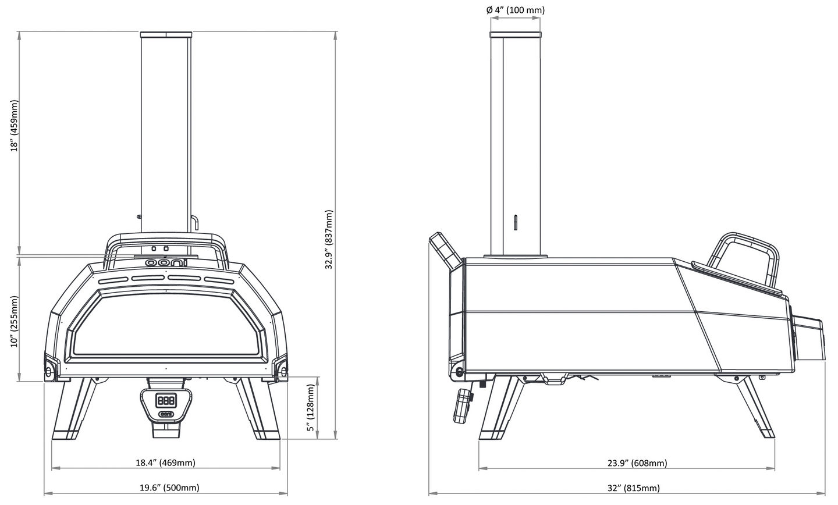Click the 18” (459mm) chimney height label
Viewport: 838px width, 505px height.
click(14, 126)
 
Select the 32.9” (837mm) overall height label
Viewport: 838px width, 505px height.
click(328, 239)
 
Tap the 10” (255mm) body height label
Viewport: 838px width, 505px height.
click(14, 322)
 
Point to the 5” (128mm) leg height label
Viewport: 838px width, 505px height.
click(311, 408)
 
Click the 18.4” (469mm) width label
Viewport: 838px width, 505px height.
click(165, 463)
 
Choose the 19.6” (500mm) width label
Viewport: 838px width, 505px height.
click(169, 488)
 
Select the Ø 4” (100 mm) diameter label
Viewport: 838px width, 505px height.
click(516, 10)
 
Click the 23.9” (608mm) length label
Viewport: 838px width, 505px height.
click(637, 463)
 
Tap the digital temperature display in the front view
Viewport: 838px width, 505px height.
click(166, 401)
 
